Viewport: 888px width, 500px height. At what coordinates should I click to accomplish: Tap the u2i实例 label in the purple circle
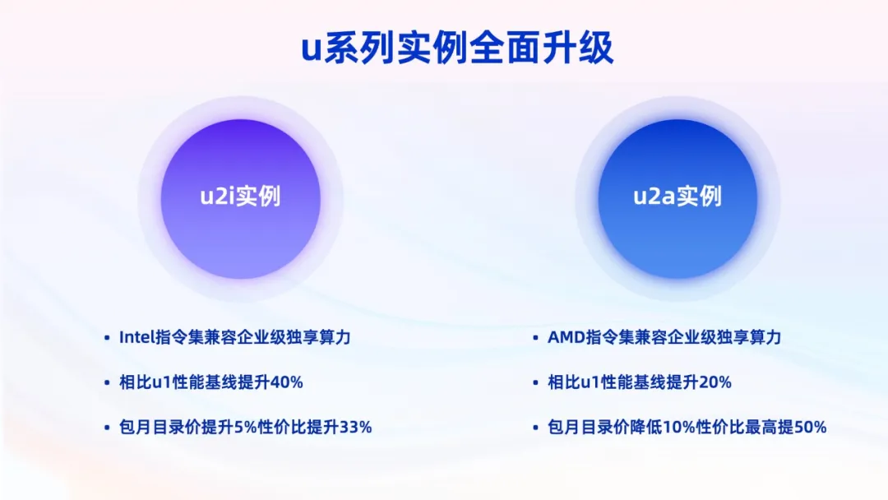pos(240,197)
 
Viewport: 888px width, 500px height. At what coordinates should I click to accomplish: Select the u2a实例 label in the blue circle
pos(678,197)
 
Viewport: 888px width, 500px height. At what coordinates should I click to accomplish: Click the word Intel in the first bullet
pos(136,337)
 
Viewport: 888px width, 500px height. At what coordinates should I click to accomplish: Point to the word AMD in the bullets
pos(566,337)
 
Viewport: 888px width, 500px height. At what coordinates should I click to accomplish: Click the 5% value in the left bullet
pos(225,427)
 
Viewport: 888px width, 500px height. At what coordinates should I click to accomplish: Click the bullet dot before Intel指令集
pos(107,338)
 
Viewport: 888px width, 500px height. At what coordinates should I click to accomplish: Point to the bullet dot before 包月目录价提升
pos(107,428)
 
